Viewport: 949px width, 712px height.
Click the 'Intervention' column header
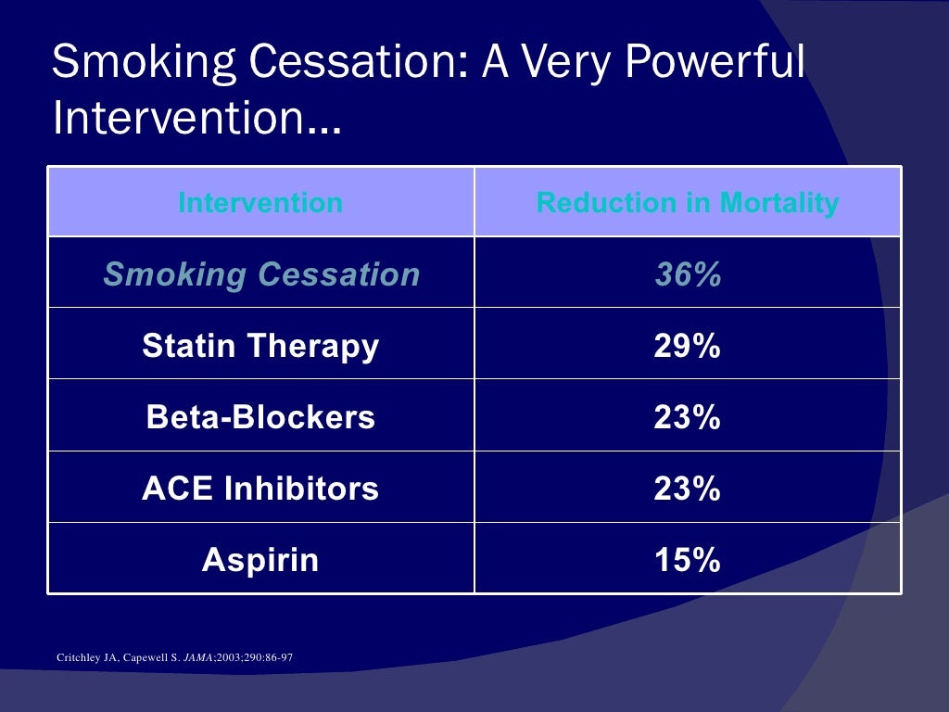pyautogui.click(x=260, y=202)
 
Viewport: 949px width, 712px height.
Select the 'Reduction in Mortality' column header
pyautogui.click(x=688, y=202)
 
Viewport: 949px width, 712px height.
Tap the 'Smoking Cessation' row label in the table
pyautogui.click(x=261, y=274)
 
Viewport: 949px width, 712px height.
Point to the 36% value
pyautogui.click(x=688, y=274)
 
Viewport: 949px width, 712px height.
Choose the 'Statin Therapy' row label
pyautogui.click(x=260, y=347)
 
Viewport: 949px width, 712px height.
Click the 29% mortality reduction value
pyautogui.click(x=688, y=347)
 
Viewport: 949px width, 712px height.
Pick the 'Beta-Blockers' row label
pyautogui.click(x=260, y=417)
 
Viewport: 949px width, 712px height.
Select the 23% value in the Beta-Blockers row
pyautogui.click(x=688, y=417)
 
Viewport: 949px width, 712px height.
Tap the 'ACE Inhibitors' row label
pyautogui.click(x=260, y=489)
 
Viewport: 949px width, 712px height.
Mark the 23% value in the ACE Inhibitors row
pyautogui.click(x=688, y=489)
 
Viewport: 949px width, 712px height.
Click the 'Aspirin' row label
pyautogui.click(x=260, y=560)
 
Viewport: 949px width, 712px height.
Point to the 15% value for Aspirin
pyautogui.click(x=688, y=560)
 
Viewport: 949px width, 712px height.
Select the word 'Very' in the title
pyautogui.click(x=563, y=63)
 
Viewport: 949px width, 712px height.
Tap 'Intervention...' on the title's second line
pyautogui.click(x=196, y=119)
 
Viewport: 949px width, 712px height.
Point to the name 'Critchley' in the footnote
pyautogui.click(x=77, y=659)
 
